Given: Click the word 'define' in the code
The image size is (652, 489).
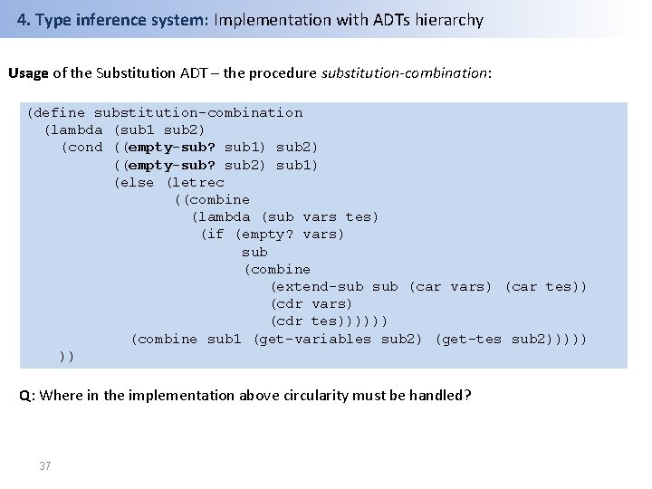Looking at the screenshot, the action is click(x=62, y=113).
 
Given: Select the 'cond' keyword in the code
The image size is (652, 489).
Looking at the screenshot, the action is click(x=86, y=148).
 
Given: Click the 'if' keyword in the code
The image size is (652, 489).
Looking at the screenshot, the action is click(x=214, y=235).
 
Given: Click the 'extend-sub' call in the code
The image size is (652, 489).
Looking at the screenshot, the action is click(x=321, y=287).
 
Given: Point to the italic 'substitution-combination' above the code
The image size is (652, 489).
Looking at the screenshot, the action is click(x=403, y=72).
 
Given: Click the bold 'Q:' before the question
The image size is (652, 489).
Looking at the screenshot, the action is click(x=28, y=395).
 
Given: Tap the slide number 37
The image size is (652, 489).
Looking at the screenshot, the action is click(x=45, y=466).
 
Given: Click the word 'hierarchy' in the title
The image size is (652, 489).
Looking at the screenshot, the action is click(x=449, y=20).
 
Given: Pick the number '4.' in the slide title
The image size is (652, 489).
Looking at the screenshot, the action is click(x=24, y=20).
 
